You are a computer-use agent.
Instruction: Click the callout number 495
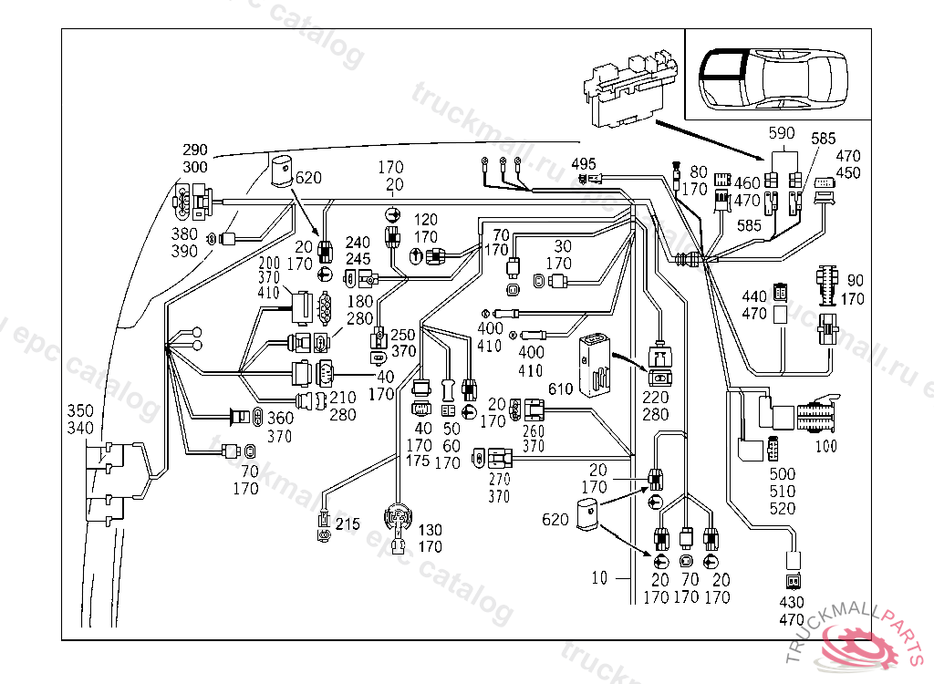(x=584, y=163)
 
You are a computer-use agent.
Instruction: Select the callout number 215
(x=348, y=524)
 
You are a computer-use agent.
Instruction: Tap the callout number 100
(x=825, y=447)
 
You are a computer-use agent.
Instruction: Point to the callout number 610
(x=560, y=389)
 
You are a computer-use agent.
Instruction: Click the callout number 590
(x=783, y=132)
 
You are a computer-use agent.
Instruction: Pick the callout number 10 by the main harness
(x=599, y=578)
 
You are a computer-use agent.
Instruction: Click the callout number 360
(x=280, y=418)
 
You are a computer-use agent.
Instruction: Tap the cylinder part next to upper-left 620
(x=281, y=170)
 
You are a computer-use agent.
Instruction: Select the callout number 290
(x=195, y=150)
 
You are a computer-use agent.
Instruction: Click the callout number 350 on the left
(x=79, y=411)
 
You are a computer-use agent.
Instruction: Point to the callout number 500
(x=783, y=474)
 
